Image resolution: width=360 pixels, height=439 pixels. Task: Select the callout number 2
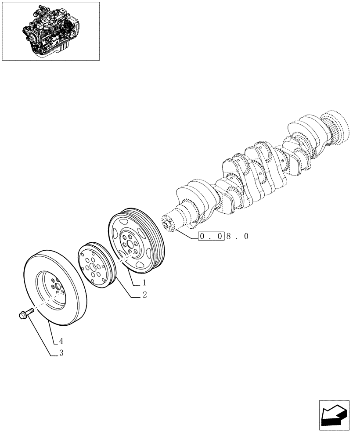coord(144,295)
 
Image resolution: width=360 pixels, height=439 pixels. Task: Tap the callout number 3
coord(61,353)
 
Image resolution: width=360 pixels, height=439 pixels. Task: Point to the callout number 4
coord(61,340)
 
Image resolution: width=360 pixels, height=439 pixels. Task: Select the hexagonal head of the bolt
coord(22,315)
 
